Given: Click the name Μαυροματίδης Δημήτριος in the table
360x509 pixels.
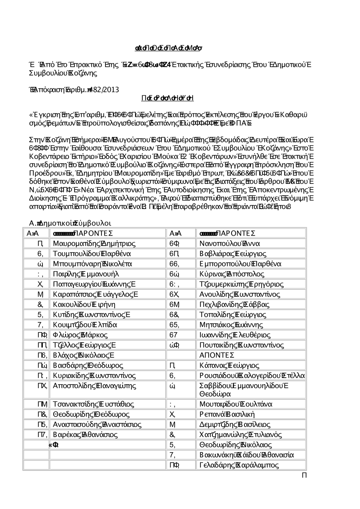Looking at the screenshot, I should [x=94, y=244].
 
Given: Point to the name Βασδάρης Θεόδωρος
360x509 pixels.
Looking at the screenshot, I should [x=88, y=365].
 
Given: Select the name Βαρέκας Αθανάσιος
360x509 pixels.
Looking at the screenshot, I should [x=85, y=435].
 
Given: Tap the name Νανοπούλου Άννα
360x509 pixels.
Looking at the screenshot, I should [x=229, y=244].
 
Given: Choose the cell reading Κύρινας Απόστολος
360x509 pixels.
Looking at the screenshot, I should [x=232, y=274].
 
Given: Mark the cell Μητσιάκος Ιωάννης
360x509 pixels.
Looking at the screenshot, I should [x=231, y=325].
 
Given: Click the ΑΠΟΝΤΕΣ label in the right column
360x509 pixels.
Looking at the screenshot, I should [x=217, y=355].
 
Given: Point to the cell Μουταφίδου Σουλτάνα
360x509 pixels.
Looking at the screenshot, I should [x=236, y=404].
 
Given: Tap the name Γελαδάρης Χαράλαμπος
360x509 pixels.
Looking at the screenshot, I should [x=239, y=465].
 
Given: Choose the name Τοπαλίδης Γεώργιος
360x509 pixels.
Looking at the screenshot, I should [x=233, y=315].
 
